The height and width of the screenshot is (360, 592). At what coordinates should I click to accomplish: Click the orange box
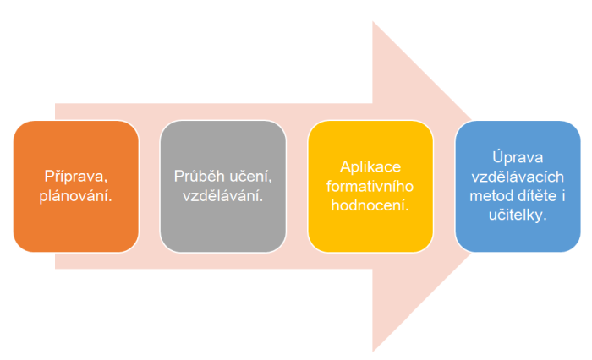coord(76,187)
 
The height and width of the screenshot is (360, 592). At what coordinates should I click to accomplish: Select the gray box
coord(223,187)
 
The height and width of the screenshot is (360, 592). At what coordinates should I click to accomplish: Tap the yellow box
coord(370,187)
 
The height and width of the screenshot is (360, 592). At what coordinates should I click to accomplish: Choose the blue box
coord(518,187)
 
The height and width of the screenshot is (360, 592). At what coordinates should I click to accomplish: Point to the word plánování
coord(76,196)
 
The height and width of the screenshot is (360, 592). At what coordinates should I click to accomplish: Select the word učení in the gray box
coord(250,177)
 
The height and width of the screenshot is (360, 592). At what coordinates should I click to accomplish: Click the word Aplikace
coord(370,166)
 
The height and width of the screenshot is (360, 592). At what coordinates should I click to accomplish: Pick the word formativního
coord(370,186)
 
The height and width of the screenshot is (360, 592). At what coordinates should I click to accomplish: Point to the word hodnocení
coord(370,205)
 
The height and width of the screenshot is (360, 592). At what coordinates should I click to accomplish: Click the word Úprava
coord(518,157)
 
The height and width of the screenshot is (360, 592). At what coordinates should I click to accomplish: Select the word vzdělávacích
coord(518,177)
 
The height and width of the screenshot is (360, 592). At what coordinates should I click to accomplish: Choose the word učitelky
coord(518,215)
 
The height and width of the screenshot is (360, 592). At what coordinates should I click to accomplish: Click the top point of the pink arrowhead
coord(373,21)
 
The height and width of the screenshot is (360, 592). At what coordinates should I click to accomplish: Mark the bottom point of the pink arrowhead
coord(373,352)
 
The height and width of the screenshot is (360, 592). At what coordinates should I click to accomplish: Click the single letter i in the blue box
coord(563,196)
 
